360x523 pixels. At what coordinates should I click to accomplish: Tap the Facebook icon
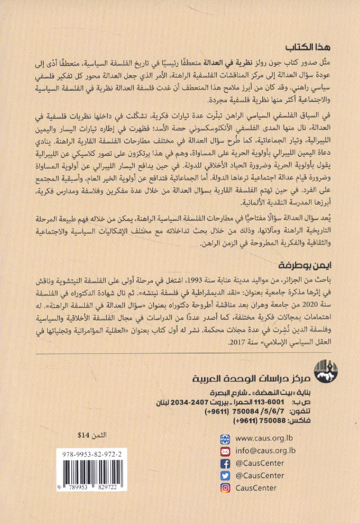point(225,463)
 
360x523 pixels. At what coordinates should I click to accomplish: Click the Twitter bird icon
point(225,475)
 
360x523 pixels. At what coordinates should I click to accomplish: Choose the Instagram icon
point(225,488)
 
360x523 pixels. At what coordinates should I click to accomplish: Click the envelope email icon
point(225,450)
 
